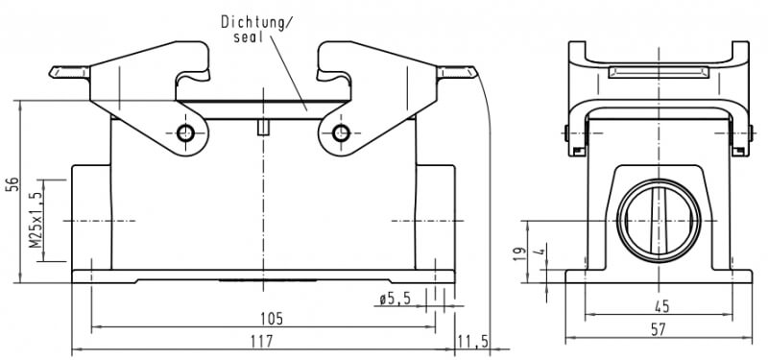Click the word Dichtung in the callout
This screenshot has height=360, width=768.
[x=251, y=22]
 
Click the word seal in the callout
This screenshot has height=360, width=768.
[x=248, y=37]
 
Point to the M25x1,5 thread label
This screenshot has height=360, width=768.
[x=36, y=220]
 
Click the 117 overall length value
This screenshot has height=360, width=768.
[x=261, y=341]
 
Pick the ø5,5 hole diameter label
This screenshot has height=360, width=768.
[x=395, y=300]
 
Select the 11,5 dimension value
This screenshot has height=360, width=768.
[x=472, y=341]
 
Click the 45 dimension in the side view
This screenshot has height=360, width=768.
[x=660, y=307]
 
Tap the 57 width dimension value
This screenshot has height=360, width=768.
[x=659, y=329]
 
